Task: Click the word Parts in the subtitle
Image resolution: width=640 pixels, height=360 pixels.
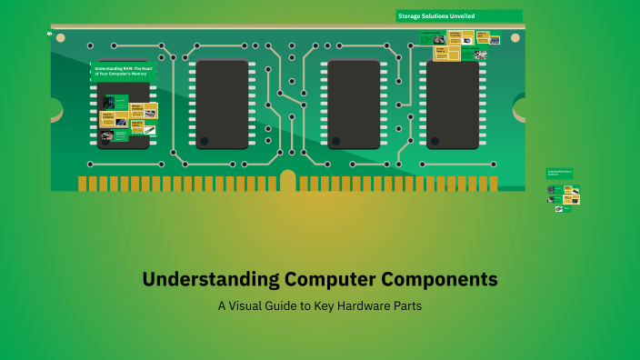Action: point(407,306)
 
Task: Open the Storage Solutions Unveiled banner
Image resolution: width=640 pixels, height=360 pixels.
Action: point(459,15)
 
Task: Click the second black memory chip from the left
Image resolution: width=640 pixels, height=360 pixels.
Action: point(222,104)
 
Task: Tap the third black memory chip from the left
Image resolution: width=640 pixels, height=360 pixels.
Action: point(353,104)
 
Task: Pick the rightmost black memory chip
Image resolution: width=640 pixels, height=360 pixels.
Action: point(452,104)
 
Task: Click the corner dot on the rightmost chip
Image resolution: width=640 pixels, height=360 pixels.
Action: point(435,141)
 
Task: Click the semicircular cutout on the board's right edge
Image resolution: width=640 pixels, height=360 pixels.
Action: point(521,109)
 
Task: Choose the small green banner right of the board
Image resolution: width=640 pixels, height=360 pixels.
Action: point(558,172)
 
